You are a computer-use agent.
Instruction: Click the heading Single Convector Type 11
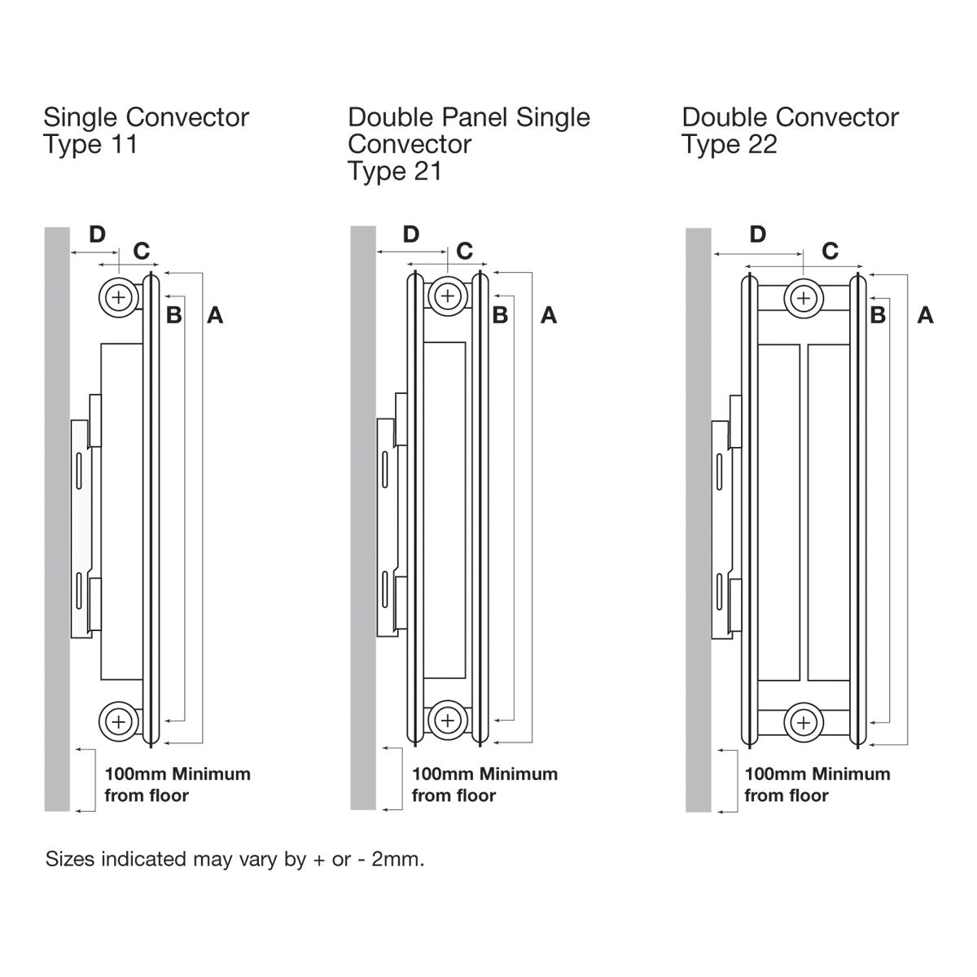click(147, 130)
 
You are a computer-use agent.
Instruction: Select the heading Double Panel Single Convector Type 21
click(468, 143)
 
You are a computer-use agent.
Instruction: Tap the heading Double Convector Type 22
click(790, 130)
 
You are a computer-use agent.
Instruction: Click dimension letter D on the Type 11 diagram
click(97, 234)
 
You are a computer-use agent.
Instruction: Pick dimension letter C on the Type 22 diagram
click(830, 251)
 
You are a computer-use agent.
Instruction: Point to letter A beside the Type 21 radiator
click(549, 315)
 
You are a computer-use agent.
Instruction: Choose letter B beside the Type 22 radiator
click(878, 315)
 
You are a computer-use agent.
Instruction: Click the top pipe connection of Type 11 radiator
click(119, 296)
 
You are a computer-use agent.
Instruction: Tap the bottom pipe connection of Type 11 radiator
click(119, 721)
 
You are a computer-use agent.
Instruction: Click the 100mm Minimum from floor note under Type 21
click(484, 784)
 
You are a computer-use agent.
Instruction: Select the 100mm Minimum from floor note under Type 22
click(817, 784)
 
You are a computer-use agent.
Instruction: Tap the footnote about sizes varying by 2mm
click(235, 860)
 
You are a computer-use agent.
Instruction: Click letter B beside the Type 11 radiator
click(173, 315)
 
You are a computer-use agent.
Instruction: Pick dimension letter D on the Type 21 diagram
click(411, 234)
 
